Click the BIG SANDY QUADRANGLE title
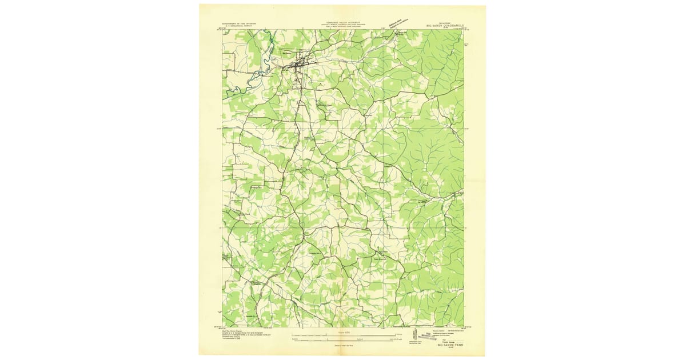click(446, 25)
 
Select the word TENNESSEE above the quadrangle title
click(446, 21)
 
